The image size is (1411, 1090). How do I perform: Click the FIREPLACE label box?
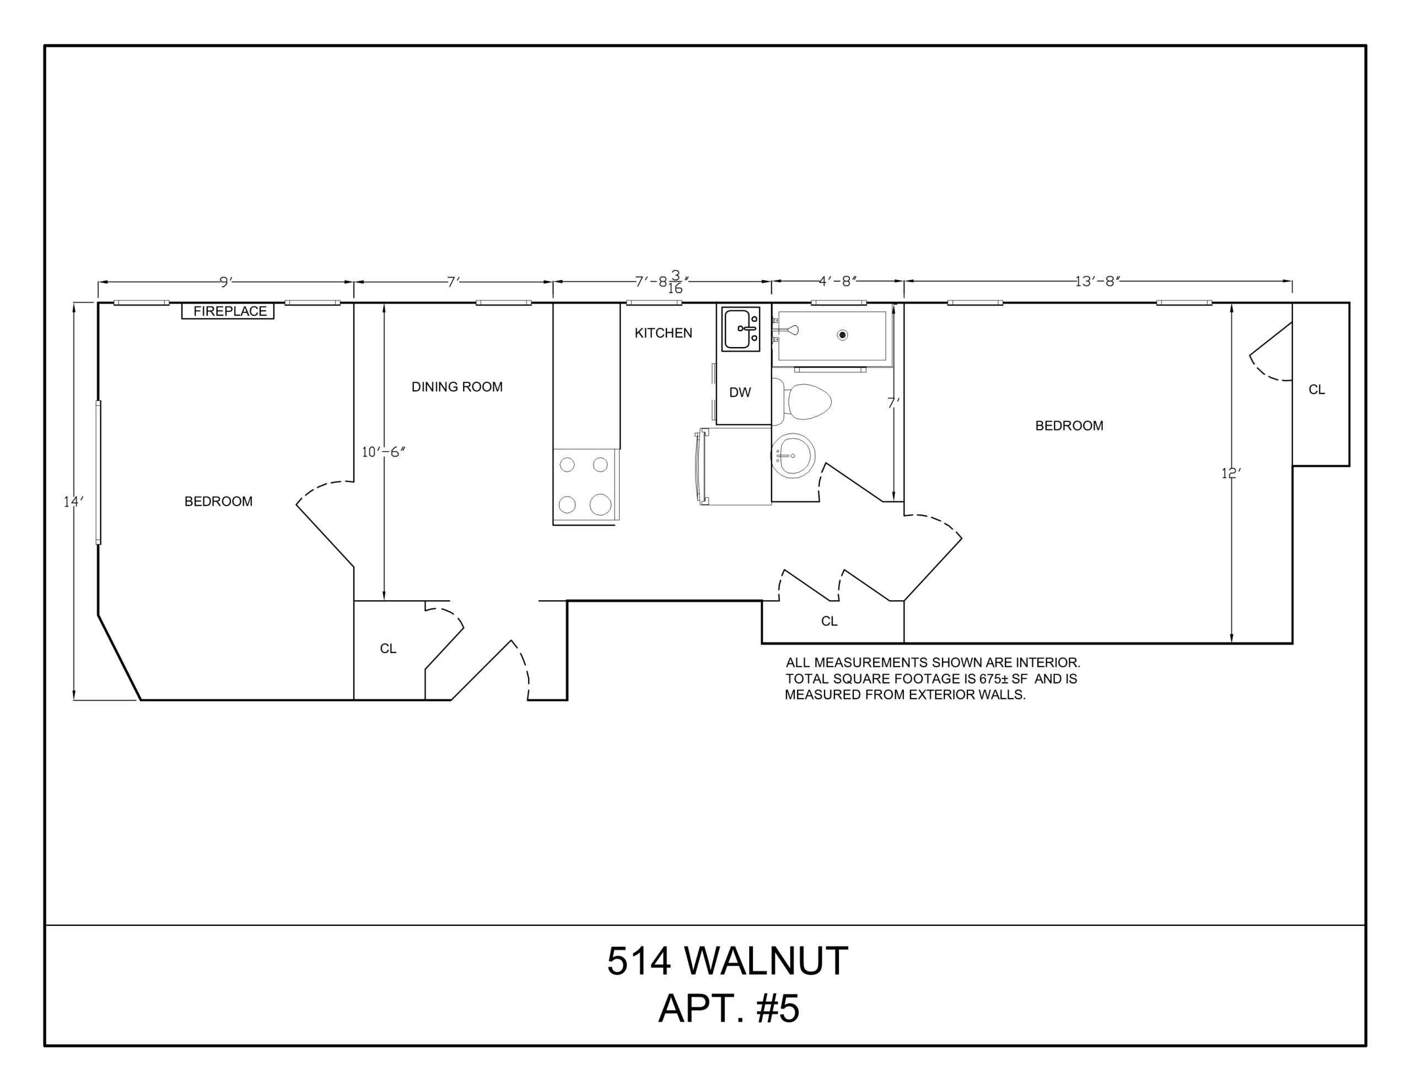228,311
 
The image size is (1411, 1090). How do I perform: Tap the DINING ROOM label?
457,387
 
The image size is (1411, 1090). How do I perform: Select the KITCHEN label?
663,333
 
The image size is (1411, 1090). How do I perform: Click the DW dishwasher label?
740,392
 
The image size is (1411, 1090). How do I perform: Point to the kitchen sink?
740,330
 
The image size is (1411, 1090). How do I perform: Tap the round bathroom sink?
793,456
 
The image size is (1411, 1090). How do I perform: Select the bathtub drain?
842,334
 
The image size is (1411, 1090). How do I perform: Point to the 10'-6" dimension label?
384,452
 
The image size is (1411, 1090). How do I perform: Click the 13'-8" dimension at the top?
1097,282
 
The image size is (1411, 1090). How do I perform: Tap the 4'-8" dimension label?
837,282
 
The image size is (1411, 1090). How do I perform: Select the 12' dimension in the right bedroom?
1231,473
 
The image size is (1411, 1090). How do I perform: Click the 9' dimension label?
225,282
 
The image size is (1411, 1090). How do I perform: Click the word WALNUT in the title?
766,961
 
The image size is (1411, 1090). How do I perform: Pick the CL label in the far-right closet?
1317,390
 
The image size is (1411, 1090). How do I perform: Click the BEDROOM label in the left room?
218,501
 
